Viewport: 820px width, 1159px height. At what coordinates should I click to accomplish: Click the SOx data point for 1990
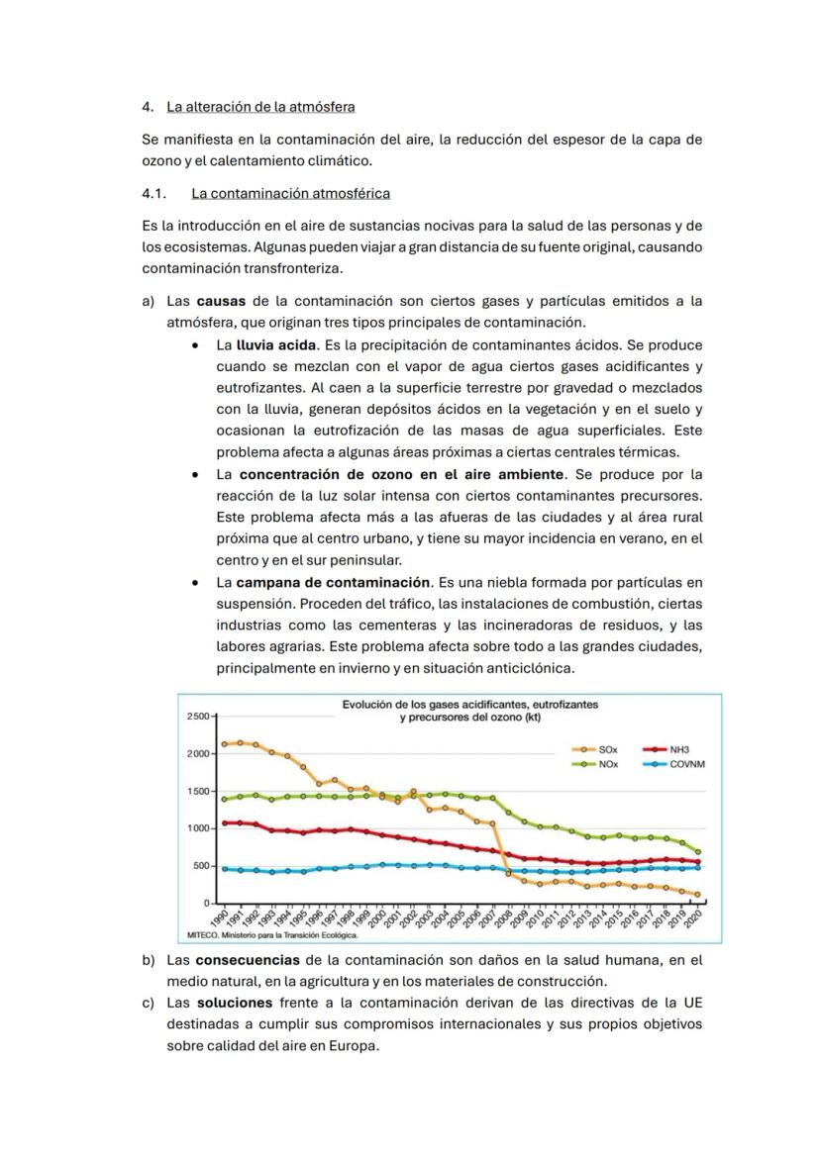225,743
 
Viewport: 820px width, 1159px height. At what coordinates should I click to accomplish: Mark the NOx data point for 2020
698,851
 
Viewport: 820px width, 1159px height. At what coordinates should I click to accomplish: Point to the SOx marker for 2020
698,894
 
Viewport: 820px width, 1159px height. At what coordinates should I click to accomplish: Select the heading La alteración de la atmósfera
260,106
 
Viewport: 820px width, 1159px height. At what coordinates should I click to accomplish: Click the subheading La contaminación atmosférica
290,193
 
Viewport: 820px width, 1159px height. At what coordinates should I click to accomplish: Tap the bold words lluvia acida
276,345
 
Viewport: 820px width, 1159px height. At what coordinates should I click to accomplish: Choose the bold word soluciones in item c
235,1003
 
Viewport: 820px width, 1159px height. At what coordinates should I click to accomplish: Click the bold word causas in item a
221,301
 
